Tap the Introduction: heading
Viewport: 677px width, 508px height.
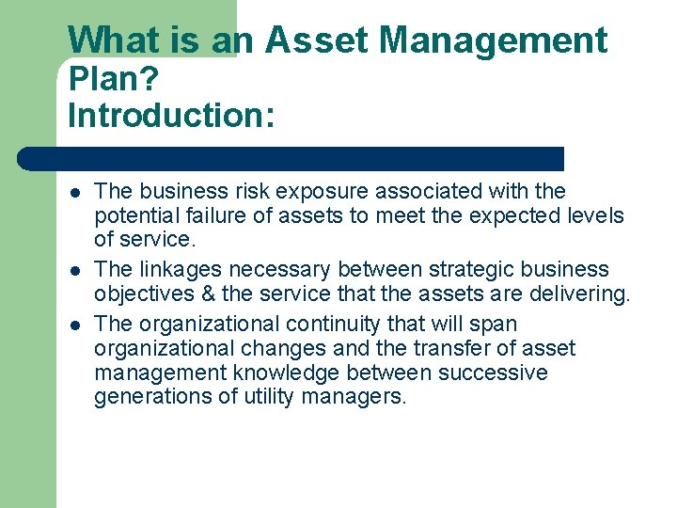171,116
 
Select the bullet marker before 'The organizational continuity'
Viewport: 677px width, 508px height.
73,325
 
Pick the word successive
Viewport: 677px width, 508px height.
491,373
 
